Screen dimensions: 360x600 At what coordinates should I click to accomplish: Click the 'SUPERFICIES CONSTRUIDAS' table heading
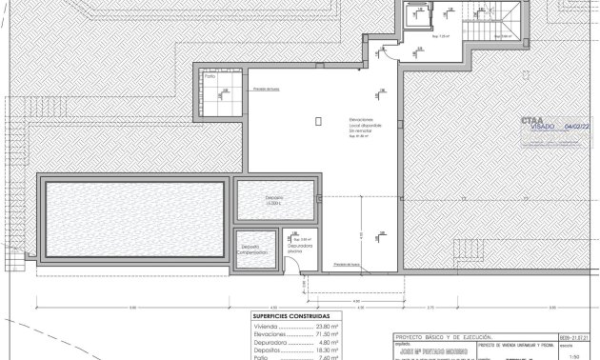pyautogui.click(x=291, y=315)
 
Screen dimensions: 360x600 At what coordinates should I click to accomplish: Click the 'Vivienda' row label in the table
pyautogui.click(x=266, y=324)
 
